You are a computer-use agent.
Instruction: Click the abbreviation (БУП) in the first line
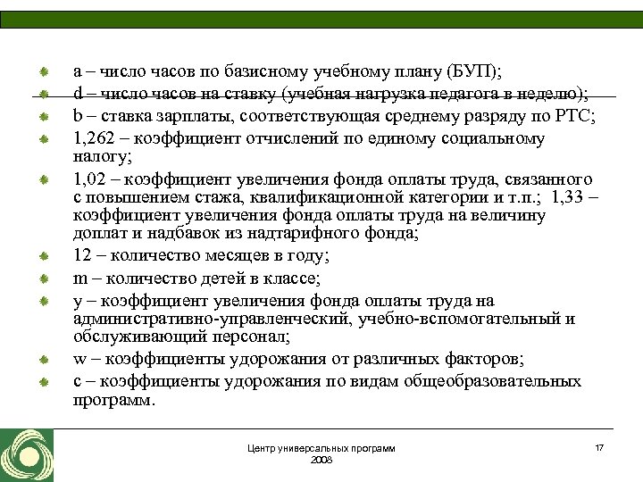(472, 71)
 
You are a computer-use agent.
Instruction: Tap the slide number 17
(599, 445)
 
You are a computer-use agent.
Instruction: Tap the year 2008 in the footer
(321, 459)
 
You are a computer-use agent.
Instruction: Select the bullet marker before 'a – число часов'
(42, 71)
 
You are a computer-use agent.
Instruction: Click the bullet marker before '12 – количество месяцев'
(42, 257)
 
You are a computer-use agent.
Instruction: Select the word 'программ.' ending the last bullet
(114, 400)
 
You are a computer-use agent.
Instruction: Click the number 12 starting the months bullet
(82, 256)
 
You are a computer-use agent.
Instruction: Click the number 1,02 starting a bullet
(91, 179)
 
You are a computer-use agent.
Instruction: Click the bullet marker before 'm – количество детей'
(42, 279)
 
